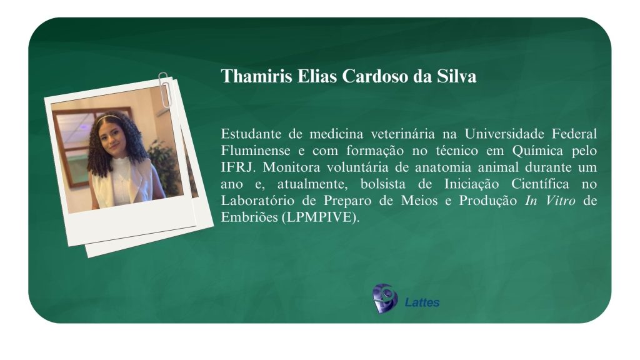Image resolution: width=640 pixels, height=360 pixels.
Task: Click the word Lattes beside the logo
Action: tap(422, 302)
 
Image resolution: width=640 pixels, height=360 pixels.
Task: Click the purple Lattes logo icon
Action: tap(385, 299)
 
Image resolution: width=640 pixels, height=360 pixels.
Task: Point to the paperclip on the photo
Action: tap(164, 90)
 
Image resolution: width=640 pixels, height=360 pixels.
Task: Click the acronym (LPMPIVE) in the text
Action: tap(321, 217)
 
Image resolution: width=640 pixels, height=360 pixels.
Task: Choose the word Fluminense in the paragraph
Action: tap(256, 151)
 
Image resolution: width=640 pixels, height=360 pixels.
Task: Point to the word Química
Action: tap(537, 151)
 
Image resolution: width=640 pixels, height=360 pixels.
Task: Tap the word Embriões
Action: tap(249, 217)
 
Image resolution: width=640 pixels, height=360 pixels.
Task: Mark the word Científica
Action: tap(540, 184)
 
